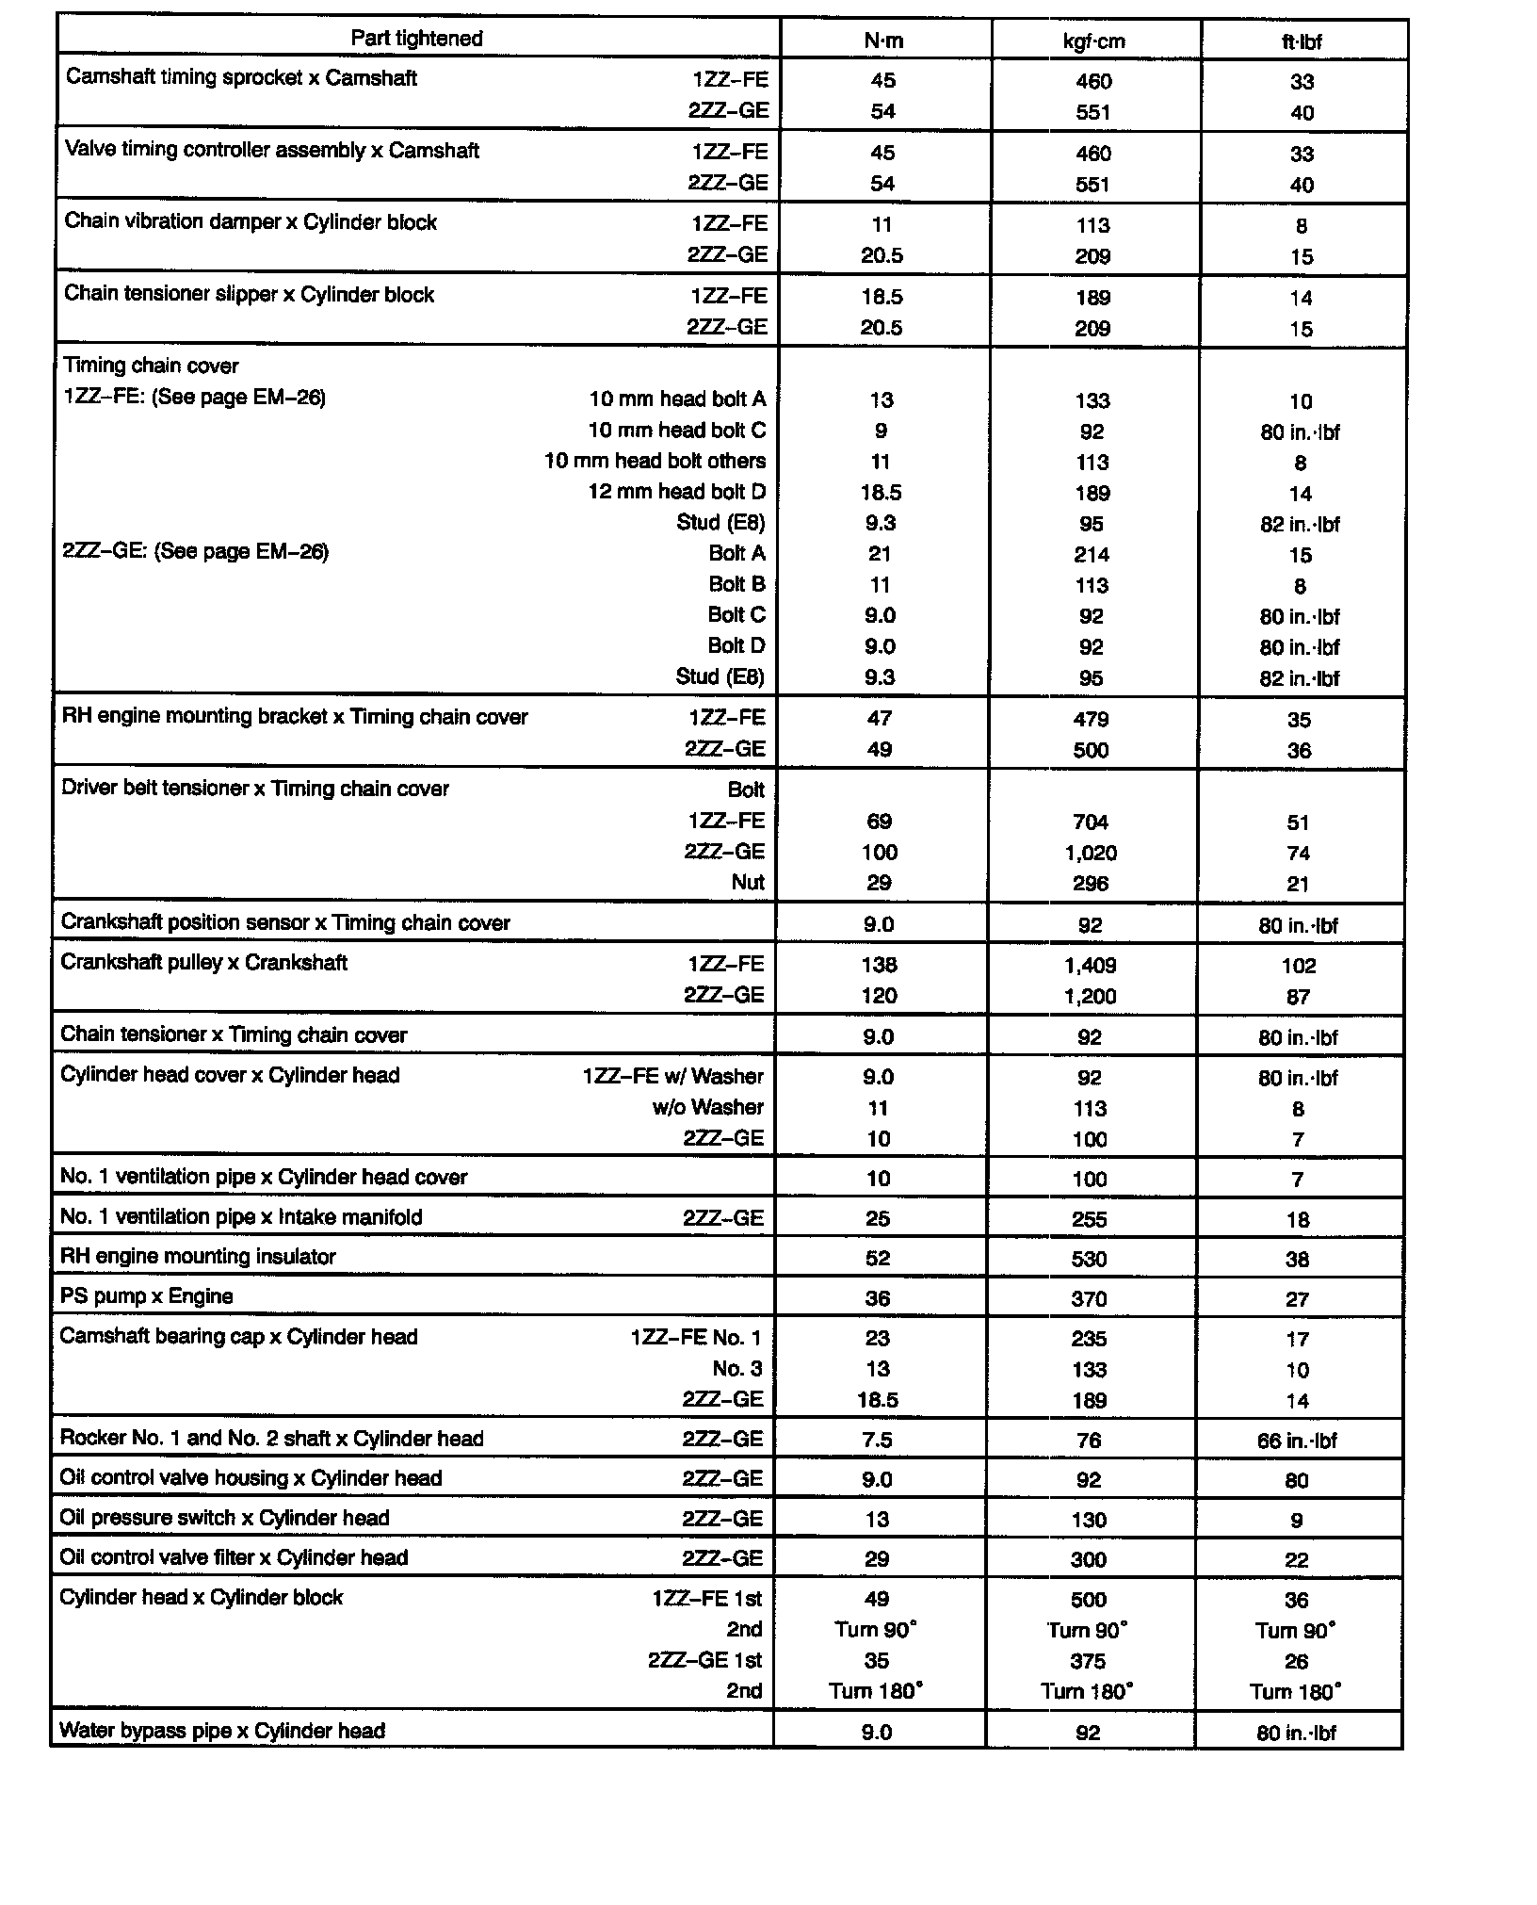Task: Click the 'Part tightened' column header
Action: (x=416, y=39)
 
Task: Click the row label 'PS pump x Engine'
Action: (x=146, y=1296)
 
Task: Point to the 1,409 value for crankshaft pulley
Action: (x=1090, y=966)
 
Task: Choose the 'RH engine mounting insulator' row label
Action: (x=198, y=1257)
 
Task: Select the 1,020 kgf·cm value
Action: (x=1091, y=854)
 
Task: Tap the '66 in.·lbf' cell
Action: (x=1297, y=1441)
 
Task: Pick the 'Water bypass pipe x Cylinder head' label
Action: (x=222, y=1731)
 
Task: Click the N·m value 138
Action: (x=880, y=966)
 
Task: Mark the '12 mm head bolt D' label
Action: (x=676, y=492)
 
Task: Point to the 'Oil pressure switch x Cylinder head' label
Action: (x=224, y=1518)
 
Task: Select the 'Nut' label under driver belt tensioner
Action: (x=748, y=883)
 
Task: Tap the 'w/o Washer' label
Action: (x=707, y=1108)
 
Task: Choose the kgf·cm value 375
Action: (x=1088, y=1661)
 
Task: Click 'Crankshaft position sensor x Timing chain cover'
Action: (x=285, y=923)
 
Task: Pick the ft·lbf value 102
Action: (x=1299, y=967)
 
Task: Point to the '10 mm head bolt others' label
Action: (x=655, y=462)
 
